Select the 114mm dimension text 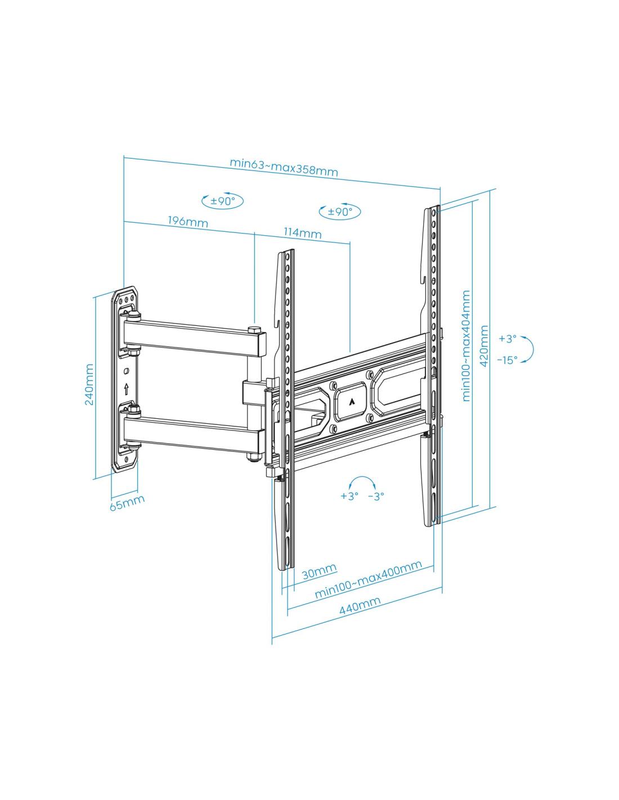[302, 233]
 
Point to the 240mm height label [89, 384]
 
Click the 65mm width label [127, 502]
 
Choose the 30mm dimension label [319, 572]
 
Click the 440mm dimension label [360, 605]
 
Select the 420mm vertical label [484, 345]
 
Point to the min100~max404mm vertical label [466, 345]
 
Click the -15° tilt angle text [507, 359]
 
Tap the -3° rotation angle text [376, 496]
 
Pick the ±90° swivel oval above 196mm [222, 201]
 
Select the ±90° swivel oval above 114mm [339, 212]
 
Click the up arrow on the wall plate [127, 389]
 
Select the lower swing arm [195, 434]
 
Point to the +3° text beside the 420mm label [508, 339]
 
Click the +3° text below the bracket [349, 496]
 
